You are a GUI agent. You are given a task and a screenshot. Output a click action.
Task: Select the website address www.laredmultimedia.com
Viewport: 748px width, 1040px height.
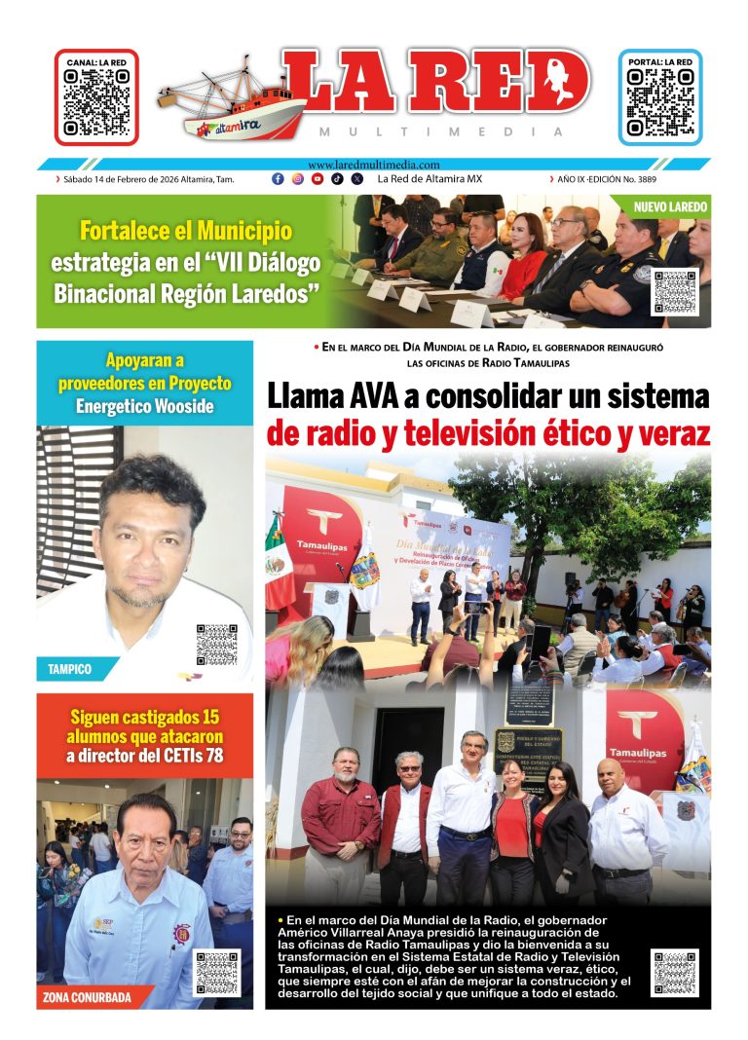[373, 165]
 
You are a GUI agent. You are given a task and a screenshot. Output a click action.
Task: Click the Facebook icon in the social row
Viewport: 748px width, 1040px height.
[278, 179]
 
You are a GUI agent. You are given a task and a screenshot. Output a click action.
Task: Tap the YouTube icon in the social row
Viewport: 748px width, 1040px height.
[318, 179]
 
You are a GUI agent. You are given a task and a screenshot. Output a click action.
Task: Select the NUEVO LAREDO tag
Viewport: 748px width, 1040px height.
[671, 207]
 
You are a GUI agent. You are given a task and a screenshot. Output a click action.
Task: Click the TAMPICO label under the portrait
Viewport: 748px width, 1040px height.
[71, 669]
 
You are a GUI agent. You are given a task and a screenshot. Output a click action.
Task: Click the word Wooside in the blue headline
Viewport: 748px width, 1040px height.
[180, 406]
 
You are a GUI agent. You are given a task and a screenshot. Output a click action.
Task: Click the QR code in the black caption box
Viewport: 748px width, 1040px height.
[674, 972]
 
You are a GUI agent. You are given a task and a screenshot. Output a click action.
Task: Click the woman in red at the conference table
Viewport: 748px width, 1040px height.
[527, 259]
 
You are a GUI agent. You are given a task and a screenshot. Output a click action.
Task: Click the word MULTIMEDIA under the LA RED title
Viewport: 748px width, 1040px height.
[440, 131]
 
